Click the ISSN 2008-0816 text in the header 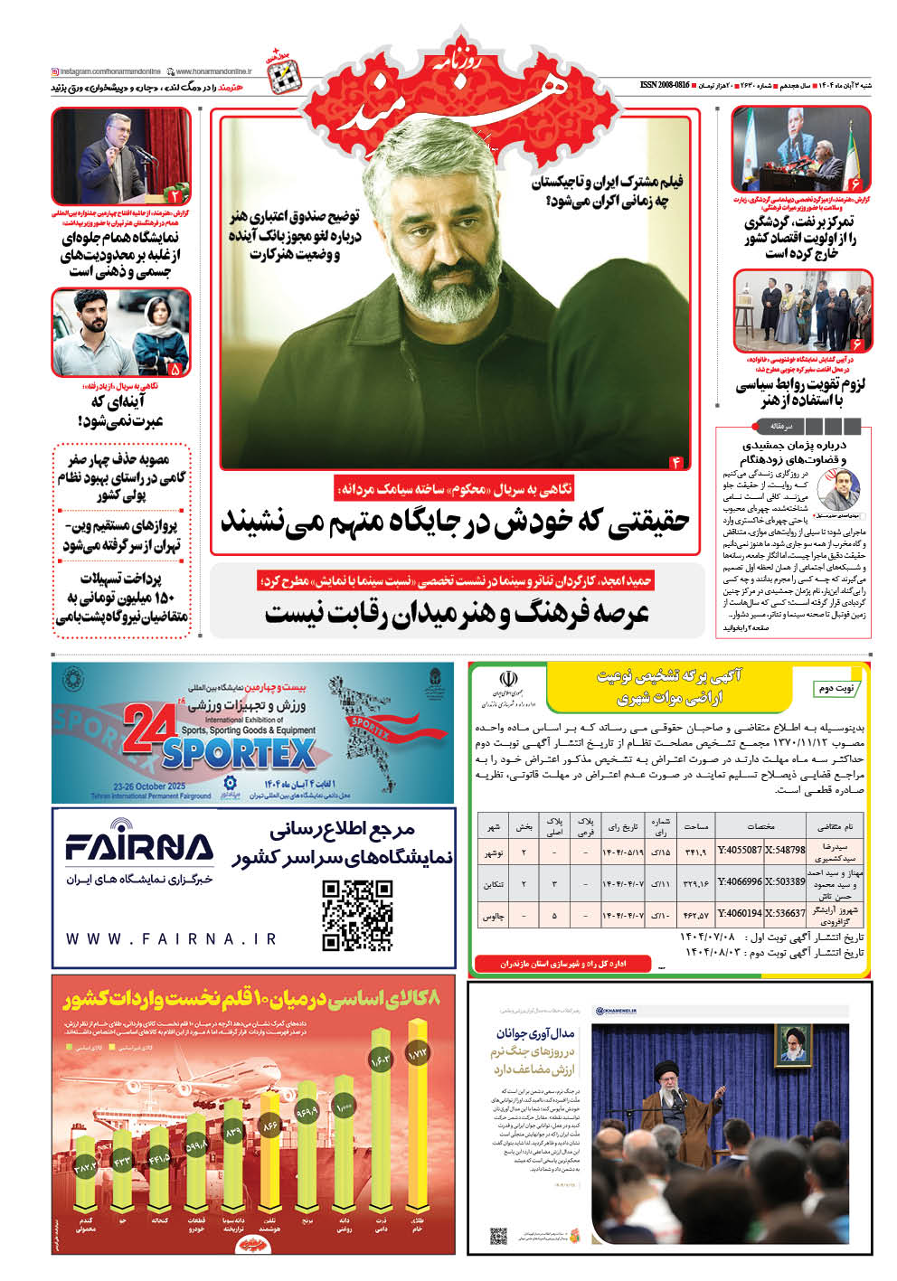point(665,84)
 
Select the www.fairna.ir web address point(172,939)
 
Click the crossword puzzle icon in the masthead point(286,79)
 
